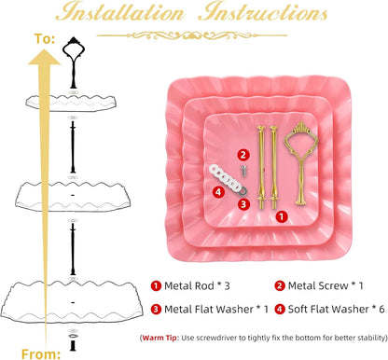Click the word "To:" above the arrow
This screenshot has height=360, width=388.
click(45, 39)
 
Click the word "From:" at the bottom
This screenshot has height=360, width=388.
click(41, 354)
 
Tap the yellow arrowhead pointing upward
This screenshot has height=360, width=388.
click(44, 58)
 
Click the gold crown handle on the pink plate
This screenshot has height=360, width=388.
click(300, 162)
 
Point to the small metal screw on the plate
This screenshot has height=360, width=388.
click(244, 171)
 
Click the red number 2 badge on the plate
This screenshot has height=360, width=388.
click(243, 155)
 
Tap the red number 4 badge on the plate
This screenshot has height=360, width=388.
click(218, 192)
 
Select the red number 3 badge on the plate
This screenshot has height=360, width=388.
click(243, 204)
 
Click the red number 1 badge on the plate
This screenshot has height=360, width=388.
click(282, 216)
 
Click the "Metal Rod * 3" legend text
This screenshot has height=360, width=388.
click(191, 285)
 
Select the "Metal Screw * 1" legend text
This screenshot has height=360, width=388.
click(319, 285)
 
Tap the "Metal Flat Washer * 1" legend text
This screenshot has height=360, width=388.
click(210, 309)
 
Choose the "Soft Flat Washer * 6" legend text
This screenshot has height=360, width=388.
click(330, 309)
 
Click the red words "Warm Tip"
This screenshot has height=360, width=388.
click(160, 338)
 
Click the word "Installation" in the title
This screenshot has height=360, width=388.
click(122, 13)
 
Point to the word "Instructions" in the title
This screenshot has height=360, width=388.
click(263, 13)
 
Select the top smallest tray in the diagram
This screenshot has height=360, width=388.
click(71, 103)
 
